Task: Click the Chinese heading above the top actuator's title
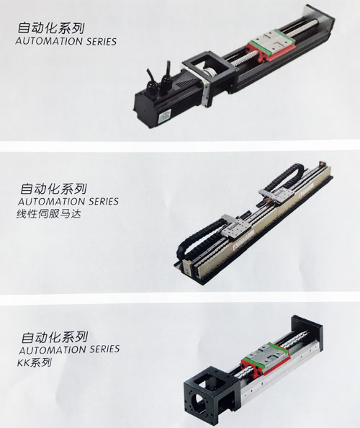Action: [50, 28]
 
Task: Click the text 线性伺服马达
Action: [49, 213]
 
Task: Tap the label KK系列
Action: [35, 362]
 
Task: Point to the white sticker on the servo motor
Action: [166, 115]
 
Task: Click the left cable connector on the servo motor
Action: [150, 81]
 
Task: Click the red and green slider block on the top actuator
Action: [270, 45]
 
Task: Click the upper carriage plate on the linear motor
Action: [276, 195]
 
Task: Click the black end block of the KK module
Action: [307, 332]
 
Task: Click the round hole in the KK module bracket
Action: [199, 404]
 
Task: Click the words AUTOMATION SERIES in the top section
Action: [66, 41]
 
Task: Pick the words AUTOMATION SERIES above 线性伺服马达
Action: [68, 202]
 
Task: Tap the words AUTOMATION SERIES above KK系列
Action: [69, 349]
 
